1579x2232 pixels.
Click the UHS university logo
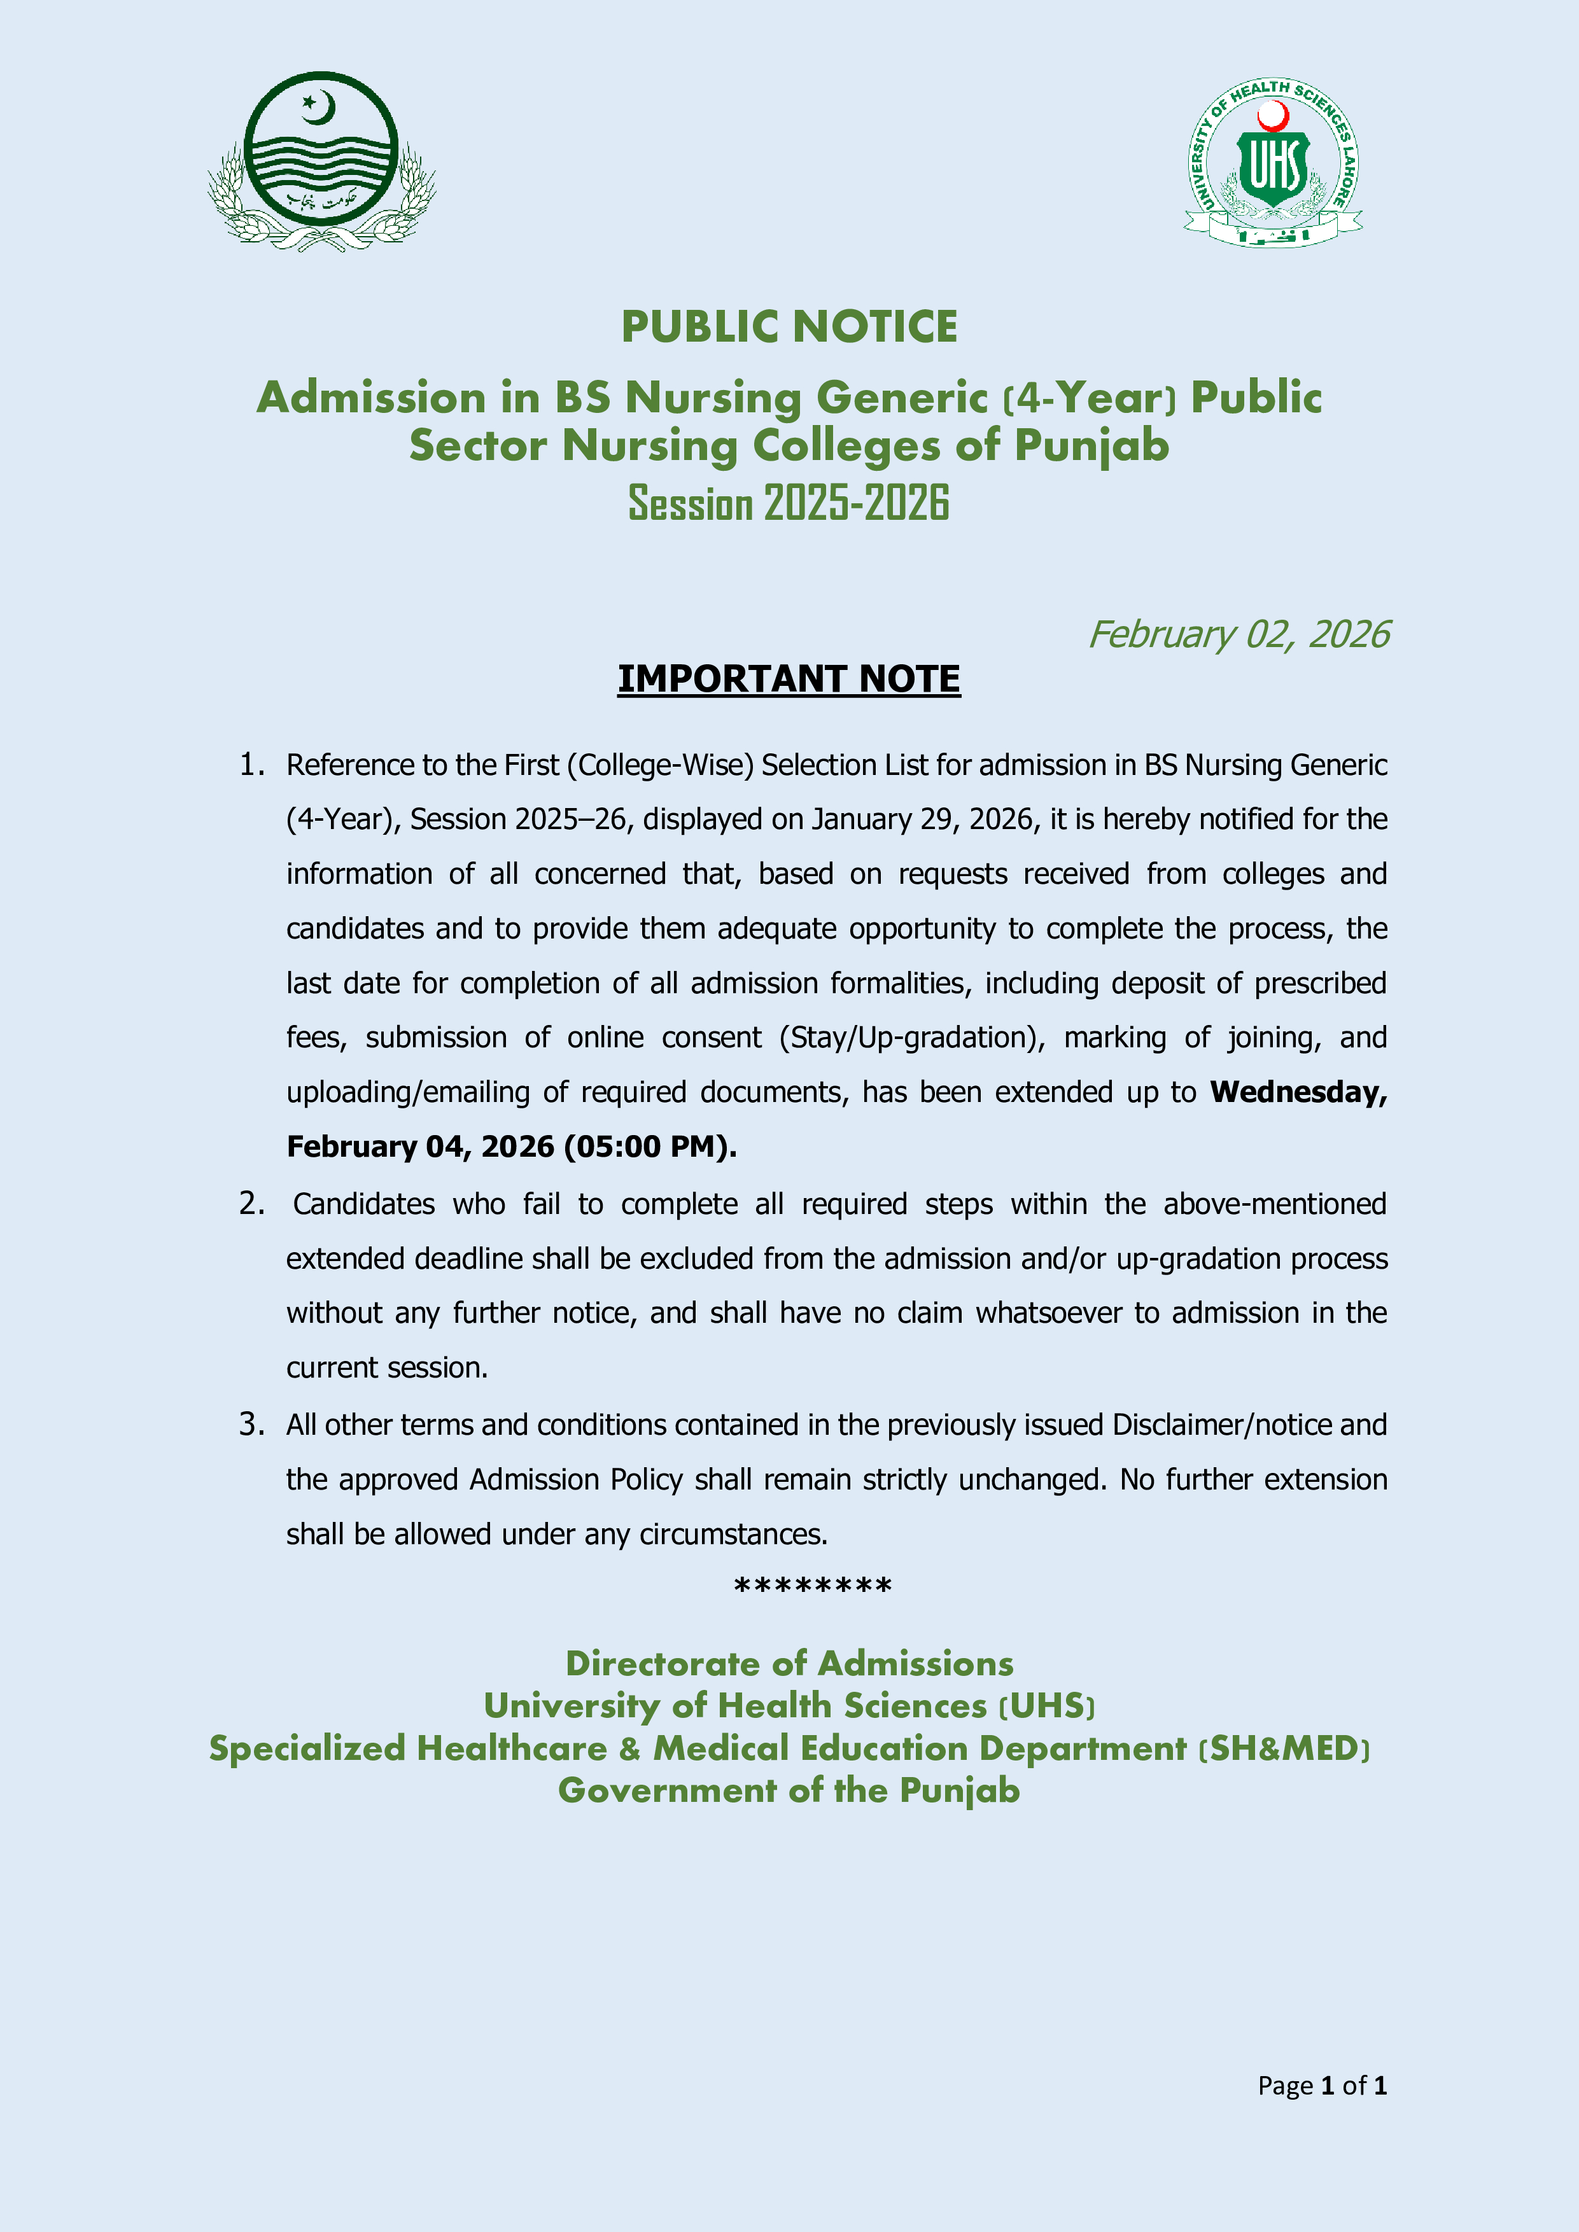[x=1273, y=162]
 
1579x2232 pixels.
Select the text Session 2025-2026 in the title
[x=789, y=503]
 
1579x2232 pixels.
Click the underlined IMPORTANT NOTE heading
[x=789, y=678]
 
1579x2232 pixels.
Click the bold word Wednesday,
[x=1298, y=1092]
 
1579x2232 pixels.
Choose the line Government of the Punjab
[x=789, y=1790]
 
